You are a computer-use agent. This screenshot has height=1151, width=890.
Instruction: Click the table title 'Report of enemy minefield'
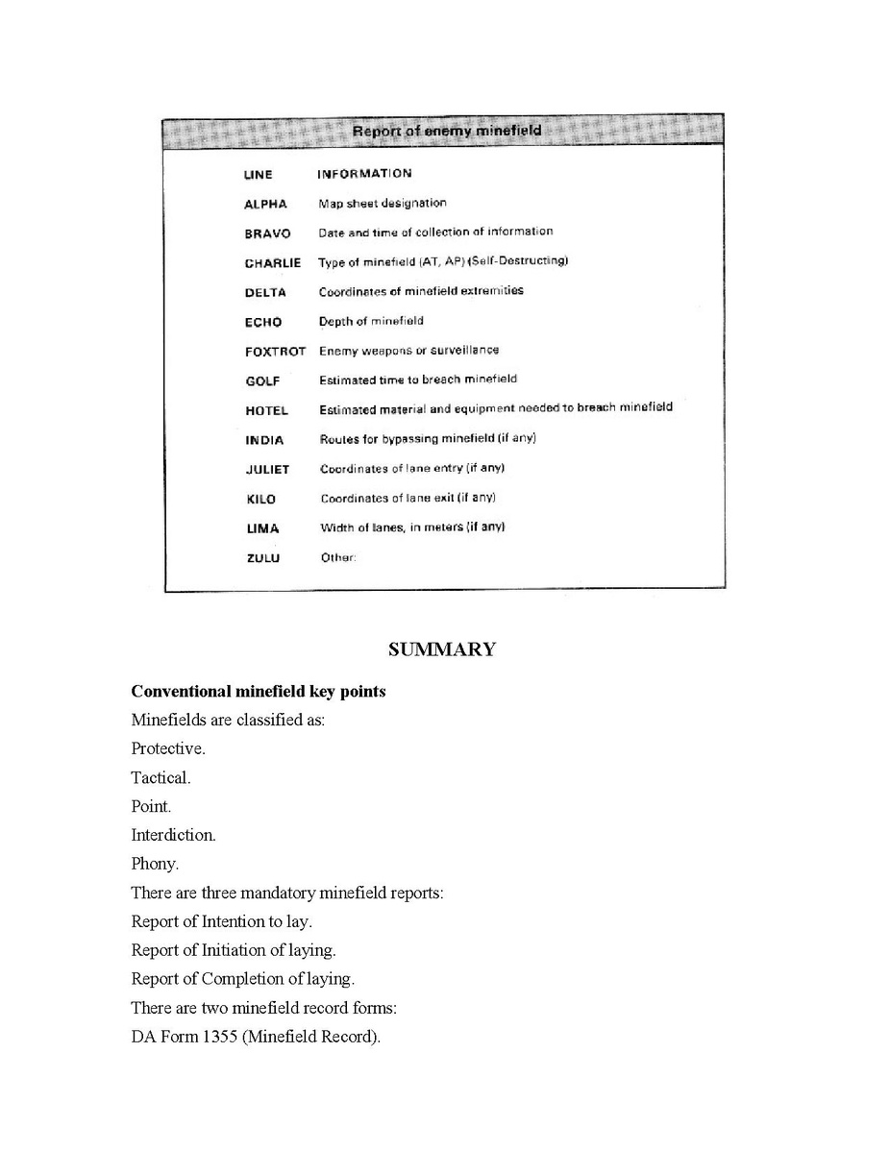[446, 131]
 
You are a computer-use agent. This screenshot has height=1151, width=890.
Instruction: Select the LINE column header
[258, 175]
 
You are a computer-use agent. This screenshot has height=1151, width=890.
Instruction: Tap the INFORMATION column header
[364, 174]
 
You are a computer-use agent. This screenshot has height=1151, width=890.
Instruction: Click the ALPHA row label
[265, 205]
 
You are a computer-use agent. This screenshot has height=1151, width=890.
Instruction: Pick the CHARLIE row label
[272, 263]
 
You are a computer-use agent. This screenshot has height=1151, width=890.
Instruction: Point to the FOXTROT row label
[275, 352]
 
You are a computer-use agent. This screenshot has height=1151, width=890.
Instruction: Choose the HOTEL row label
[266, 411]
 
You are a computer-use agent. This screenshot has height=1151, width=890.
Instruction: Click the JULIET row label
[267, 470]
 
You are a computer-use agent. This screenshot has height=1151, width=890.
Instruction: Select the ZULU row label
[263, 558]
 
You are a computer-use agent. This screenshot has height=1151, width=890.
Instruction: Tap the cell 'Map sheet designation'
[383, 204]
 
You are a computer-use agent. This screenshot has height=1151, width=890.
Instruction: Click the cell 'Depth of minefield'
[371, 321]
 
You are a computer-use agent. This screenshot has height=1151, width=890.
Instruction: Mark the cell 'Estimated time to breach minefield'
[418, 380]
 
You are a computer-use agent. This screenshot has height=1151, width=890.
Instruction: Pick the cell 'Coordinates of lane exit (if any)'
[408, 498]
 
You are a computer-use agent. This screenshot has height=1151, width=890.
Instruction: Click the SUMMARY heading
[442, 649]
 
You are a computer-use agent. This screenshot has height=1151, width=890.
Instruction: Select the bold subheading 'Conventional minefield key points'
[259, 692]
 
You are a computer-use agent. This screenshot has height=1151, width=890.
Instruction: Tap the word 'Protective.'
[168, 748]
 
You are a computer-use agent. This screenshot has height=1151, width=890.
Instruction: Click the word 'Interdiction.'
[173, 835]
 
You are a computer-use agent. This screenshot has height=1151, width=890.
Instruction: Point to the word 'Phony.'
[155, 864]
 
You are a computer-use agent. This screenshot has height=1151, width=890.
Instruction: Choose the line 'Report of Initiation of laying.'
[234, 950]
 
